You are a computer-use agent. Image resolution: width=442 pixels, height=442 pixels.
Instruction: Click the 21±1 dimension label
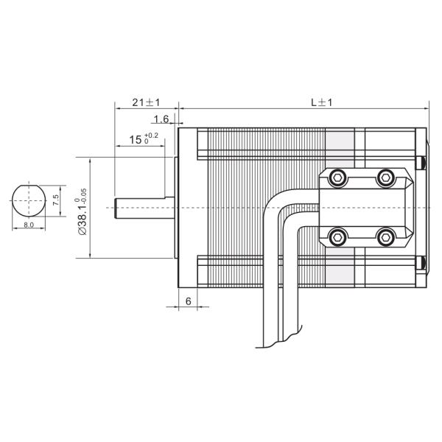click(x=146, y=102)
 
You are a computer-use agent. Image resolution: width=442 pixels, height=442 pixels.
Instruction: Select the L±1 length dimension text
click(x=322, y=102)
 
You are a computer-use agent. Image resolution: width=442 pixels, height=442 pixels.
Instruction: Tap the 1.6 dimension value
click(x=161, y=119)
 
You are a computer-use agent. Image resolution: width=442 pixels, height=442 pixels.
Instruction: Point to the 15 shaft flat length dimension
click(x=136, y=139)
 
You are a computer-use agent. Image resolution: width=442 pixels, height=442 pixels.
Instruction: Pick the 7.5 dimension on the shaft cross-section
click(x=56, y=200)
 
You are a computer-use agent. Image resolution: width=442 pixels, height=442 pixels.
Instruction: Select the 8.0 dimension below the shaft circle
click(x=29, y=225)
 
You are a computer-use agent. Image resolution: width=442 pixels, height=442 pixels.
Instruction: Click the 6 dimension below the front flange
click(x=189, y=301)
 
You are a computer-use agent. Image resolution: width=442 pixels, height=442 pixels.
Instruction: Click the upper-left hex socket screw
click(x=337, y=178)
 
